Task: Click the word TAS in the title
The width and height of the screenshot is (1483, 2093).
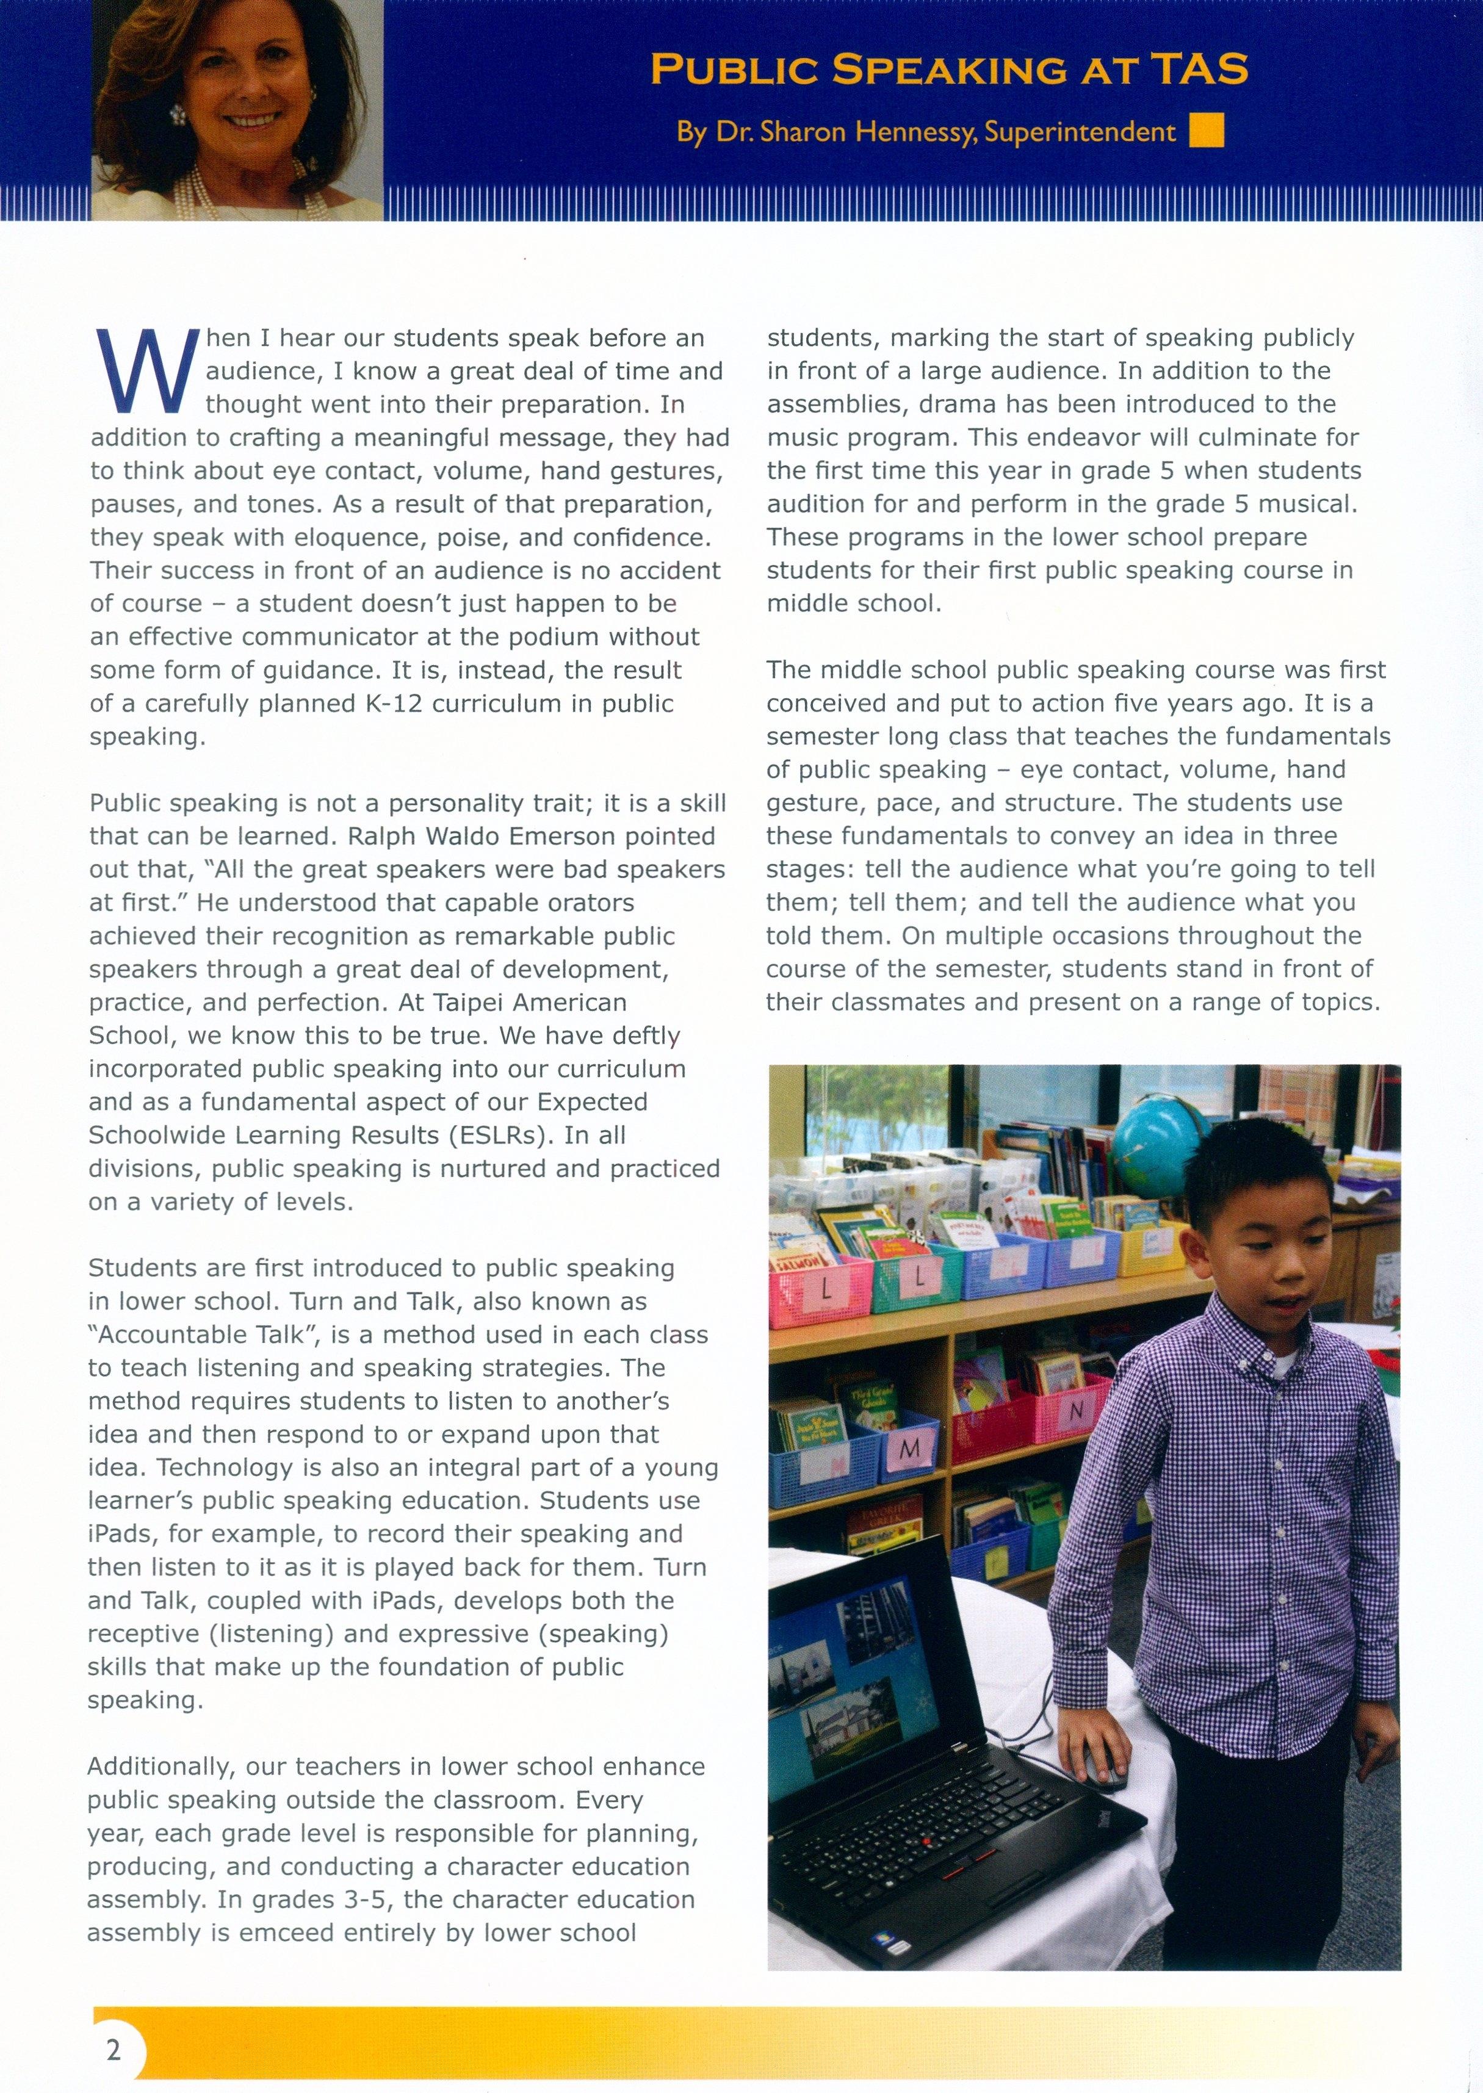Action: click(1196, 70)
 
